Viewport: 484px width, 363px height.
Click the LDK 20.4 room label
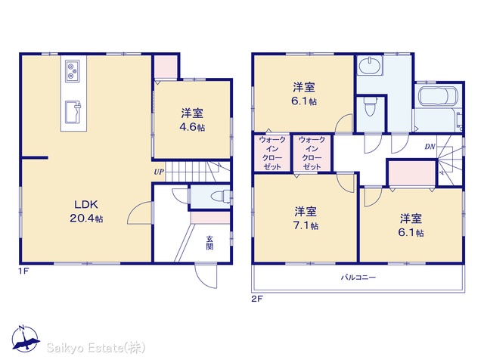[86, 211]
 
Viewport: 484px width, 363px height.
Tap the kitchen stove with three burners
[73, 70]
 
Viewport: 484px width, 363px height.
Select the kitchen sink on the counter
[73, 112]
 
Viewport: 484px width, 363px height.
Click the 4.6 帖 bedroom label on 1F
[192, 120]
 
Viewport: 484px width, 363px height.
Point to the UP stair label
[159, 172]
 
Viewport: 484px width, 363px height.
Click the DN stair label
[430, 147]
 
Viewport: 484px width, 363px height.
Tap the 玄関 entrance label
[209, 243]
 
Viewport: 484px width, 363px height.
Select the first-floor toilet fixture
[220, 197]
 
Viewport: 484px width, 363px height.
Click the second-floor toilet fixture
[370, 107]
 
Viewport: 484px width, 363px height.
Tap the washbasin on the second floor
[370, 67]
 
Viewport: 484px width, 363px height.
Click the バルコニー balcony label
[358, 278]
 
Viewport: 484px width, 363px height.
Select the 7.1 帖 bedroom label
[306, 219]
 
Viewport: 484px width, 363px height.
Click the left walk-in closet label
[272, 154]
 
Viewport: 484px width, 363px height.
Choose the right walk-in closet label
[312, 154]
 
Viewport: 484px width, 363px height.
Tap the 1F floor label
[23, 271]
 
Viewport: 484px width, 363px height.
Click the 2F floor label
[257, 299]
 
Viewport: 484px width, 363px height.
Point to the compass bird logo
[25, 339]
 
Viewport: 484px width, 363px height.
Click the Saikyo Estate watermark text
[96, 348]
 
